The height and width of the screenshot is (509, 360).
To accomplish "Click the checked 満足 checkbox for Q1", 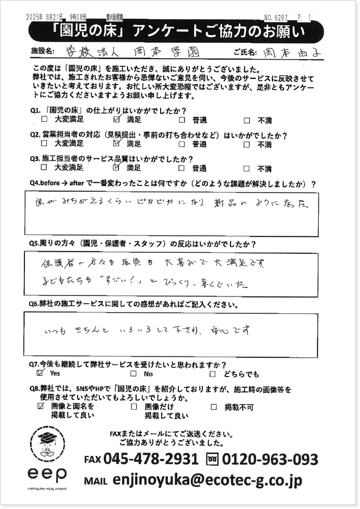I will tap(116, 120).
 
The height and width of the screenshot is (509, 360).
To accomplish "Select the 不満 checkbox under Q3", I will tap(247, 168).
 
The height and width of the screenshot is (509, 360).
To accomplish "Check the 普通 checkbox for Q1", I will tap(182, 120).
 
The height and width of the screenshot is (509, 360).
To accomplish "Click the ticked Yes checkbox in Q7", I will tap(41, 373).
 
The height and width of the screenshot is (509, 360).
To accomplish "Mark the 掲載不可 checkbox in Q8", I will tap(214, 407).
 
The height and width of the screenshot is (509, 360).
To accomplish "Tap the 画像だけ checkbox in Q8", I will tap(134, 407).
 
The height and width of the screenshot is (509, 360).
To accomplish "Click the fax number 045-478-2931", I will tap(150, 459).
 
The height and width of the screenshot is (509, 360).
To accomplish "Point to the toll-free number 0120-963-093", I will tap(270, 459).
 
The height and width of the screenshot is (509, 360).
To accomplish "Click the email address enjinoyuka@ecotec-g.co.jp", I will tap(207, 480).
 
